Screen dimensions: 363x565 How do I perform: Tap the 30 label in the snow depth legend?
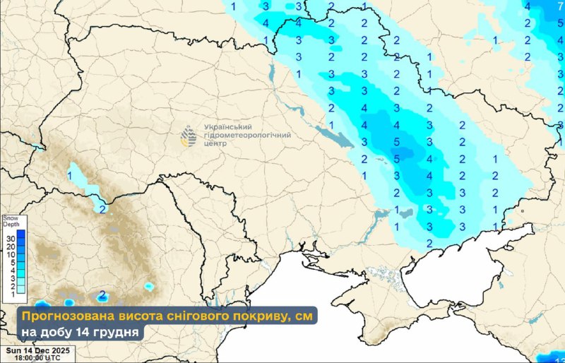pyautogui.click(x=10, y=239)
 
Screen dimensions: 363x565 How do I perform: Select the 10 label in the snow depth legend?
pyautogui.click(x=10, y=254)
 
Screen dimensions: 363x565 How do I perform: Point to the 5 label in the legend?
pyautogui.click(x=10, y=262)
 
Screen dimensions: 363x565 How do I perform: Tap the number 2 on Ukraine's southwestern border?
pyautogui.click(x=102, y=209)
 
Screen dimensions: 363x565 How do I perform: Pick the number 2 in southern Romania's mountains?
pyautogui.click(x=102, y=294)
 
